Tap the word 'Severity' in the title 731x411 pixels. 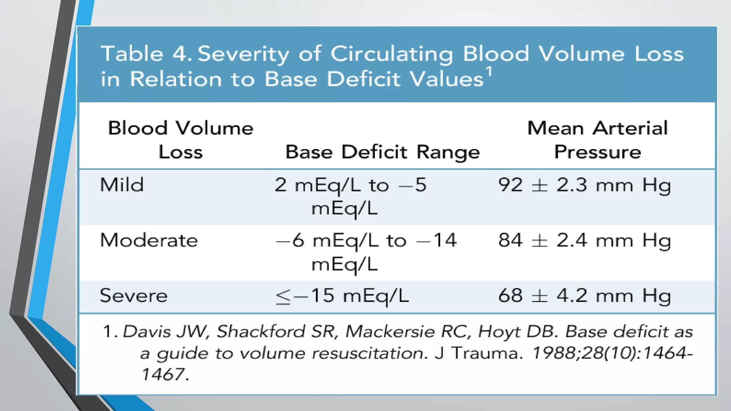click(243, 54)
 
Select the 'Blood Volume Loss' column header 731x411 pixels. click(181, 140)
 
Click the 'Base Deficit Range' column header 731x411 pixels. click(382, 152)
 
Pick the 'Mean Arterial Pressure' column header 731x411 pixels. click(597, 140)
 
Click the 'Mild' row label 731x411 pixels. click(122, 185)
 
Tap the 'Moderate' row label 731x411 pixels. click(149, 240)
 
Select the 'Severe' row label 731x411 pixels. click(133, 296)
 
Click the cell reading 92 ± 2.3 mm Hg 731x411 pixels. click(584, 185)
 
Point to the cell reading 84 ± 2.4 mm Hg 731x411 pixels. click(584, 240)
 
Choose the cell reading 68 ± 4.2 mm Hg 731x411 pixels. click(584, 296)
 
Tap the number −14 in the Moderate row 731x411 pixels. click(437, 240)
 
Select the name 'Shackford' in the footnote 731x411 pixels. click(261, 331)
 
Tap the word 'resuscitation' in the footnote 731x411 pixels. click(369, 353)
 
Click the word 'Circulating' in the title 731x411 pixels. click(392, 54)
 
